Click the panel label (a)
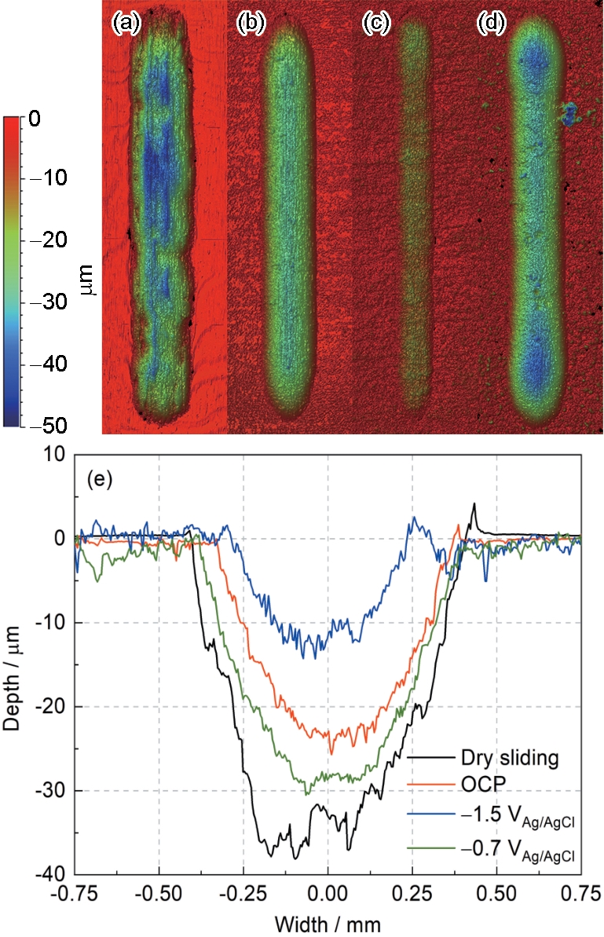pyautogui.click(x=126, y=24)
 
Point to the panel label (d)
pyautogui.click(x=491, y=24)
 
